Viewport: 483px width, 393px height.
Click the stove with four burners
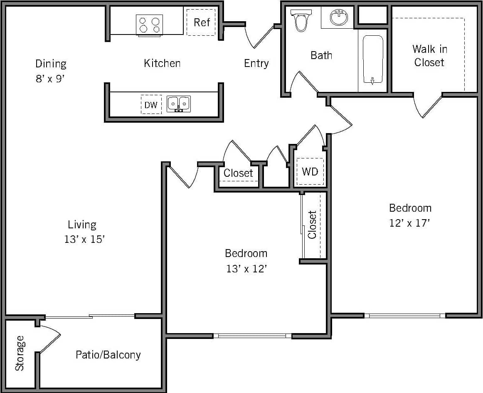click(149, 25)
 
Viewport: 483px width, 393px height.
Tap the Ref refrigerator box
click(201, 22)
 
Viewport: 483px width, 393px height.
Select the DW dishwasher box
click(151, 105)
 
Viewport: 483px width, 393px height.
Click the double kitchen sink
click(179, 104)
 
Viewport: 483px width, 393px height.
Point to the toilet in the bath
click(300, 21)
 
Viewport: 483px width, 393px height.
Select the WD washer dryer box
click(310, 172)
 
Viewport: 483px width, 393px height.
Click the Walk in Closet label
click(429, 56)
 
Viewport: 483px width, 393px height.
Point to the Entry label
click(256, 63)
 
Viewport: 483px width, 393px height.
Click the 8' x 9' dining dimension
click(51, 79)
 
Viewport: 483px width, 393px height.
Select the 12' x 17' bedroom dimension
click(409, 223)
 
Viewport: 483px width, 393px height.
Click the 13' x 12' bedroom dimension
click(246, 269)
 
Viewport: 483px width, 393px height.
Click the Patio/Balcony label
click(108, 355)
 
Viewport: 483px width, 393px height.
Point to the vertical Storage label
click(20, 353)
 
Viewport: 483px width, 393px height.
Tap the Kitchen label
click(162, 63)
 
